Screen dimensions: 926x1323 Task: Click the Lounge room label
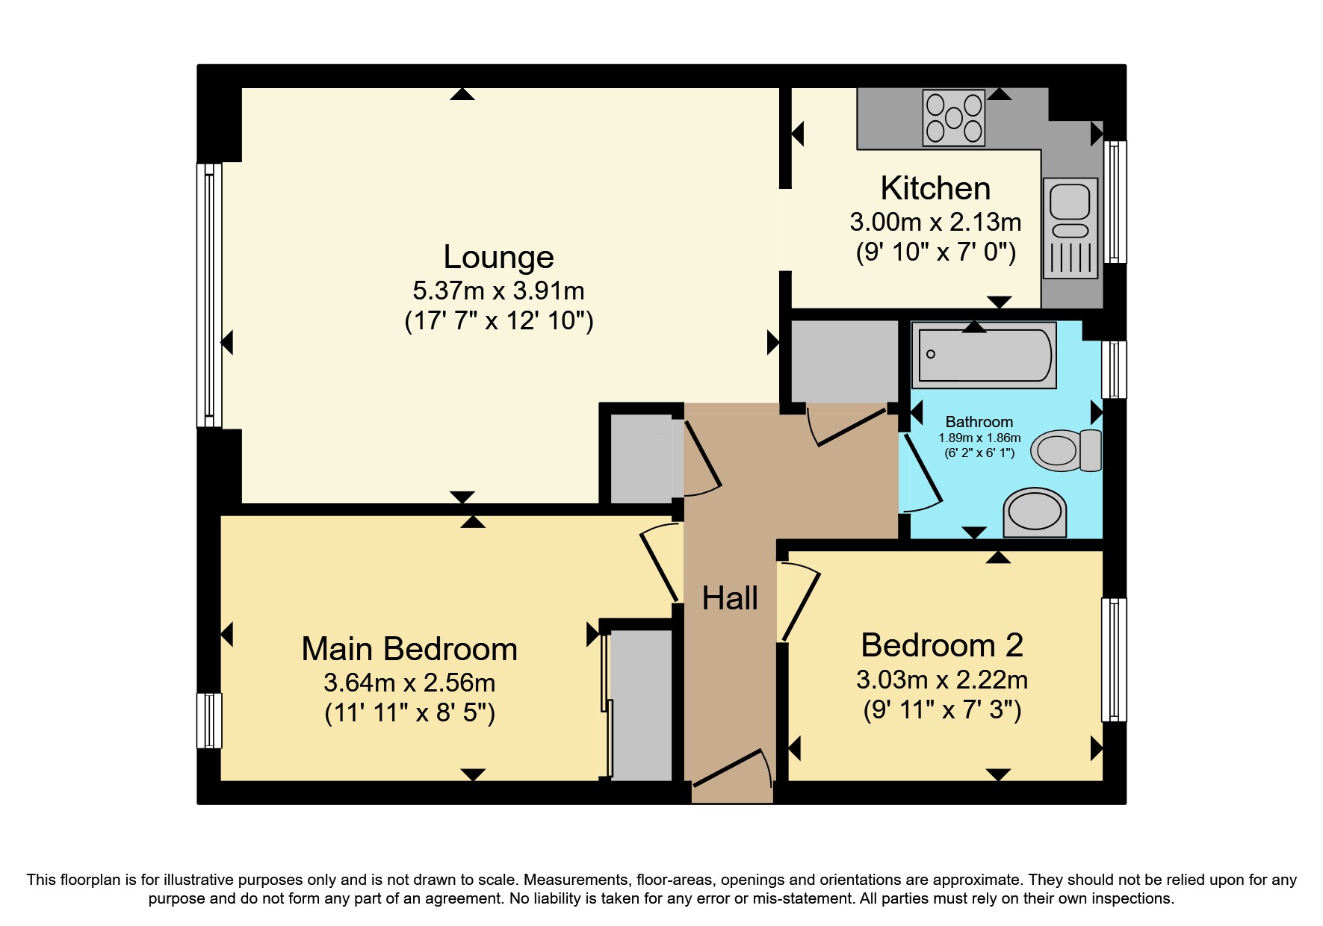point(498,257)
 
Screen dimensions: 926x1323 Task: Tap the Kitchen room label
point(935,188)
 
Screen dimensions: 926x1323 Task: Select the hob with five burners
point(953,118)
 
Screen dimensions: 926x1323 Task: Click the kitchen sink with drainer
point(1071,228)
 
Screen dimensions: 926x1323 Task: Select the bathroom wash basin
point(1035,513)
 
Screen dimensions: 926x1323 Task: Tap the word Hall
point(730,598)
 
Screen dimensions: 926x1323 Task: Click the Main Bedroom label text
point(409,649)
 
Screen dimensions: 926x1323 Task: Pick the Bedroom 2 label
point(942,645)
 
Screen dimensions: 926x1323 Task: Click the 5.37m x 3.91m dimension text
point(498,290)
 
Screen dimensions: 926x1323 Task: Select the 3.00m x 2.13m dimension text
point(935,222)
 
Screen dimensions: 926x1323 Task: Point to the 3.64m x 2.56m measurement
point(409,683)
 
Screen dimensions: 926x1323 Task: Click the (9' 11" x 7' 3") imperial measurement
point(942,709)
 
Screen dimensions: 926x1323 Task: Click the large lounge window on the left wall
point(209,295)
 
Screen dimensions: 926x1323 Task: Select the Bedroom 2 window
point(1114,659)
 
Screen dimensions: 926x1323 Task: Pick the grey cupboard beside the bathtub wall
point(844,361)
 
